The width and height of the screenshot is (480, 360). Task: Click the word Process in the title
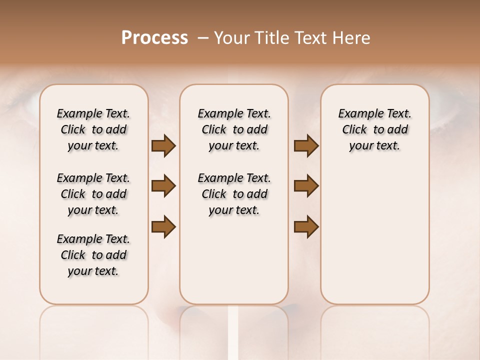click(154, 38)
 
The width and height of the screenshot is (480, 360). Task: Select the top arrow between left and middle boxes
click(163, 146)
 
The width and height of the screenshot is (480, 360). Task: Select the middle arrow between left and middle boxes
click(163, 186)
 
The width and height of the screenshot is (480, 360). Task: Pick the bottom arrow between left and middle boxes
click(163, 226)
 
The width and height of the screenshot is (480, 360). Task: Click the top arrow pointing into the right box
click(306, 146)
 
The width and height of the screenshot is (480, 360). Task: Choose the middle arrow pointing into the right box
click(306, 186)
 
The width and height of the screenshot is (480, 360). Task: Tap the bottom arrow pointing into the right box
click(306, 226)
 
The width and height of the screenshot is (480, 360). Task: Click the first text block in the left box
click(93, 129)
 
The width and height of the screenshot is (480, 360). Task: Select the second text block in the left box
click(93, 194)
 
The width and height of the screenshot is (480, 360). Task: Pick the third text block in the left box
click(93, 255)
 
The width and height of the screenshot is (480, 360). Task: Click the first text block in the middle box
click(234, 129)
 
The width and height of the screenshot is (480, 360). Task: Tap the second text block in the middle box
click(234, 194)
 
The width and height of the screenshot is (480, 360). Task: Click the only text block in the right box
click(374, 129)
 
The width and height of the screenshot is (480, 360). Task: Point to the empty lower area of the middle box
click(234, 260)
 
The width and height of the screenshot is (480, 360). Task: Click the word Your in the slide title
click(231, 38)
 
